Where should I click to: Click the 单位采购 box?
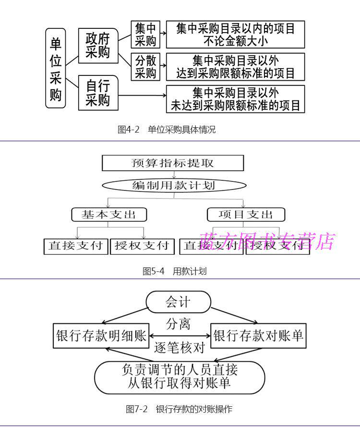point(56,68)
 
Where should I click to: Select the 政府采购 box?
point(97,45)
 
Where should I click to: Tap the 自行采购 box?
point(97,93)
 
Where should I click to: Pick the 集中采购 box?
point(145,35)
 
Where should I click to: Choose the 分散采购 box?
point(145,67)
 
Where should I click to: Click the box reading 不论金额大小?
point(235,35)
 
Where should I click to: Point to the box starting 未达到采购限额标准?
point(235,98)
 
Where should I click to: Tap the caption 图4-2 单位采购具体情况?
point(167,130)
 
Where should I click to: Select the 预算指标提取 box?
point(173,163)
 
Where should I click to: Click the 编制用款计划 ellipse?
point(174,185)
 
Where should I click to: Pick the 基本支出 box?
point(109,214)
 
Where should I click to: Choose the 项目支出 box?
point(246,214)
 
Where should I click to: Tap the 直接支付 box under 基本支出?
point(75,246)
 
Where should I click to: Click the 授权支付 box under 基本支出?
point(142,246)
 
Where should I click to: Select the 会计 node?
point(178,302)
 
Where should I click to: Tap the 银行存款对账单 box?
point(258,335)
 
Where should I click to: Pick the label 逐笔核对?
point(180,347)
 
